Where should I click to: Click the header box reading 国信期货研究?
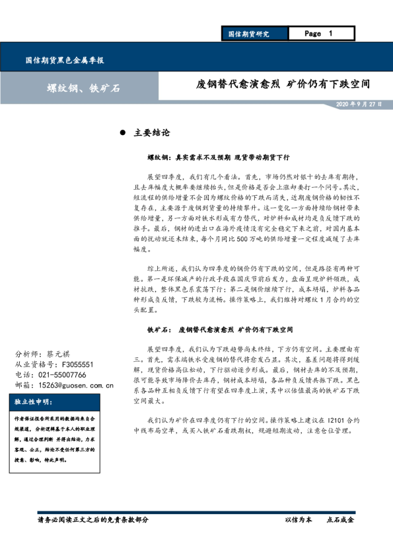click(x=248, y=34)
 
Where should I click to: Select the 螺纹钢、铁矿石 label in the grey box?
click(x=83, y=88)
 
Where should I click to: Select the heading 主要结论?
click(x=152, y=133)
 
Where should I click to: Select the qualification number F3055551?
click(x=75, y=364)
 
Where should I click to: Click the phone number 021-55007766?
click(x=64, y=374)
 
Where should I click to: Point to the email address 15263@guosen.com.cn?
click(x=76, y=384)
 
